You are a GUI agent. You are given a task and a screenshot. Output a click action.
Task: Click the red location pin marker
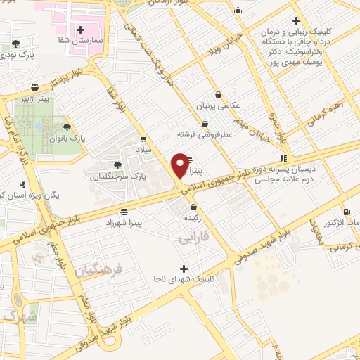(x=180, y=164)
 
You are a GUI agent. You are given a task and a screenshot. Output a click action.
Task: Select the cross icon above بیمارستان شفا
(x=81, y=30)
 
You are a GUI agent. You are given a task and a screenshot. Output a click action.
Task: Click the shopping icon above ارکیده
(x=193, y=207)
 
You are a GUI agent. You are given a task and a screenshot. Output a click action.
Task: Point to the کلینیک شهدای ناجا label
(x=184, y=279)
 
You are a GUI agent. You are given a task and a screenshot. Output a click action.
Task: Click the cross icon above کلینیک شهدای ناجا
(x=184, y=268)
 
